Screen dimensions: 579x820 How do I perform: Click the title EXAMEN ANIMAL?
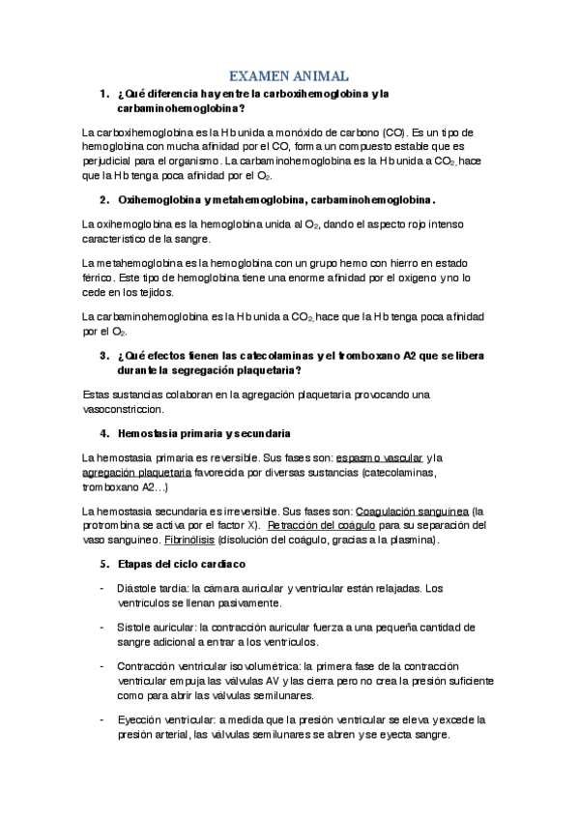[x=288, y=75]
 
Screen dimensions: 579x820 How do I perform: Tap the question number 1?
[x=102, y=94]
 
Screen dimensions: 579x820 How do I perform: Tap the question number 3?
[x=102, y=355]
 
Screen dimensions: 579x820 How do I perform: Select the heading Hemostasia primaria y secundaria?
[x=203, y=432]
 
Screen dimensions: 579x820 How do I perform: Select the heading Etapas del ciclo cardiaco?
[x=182, y=564]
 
